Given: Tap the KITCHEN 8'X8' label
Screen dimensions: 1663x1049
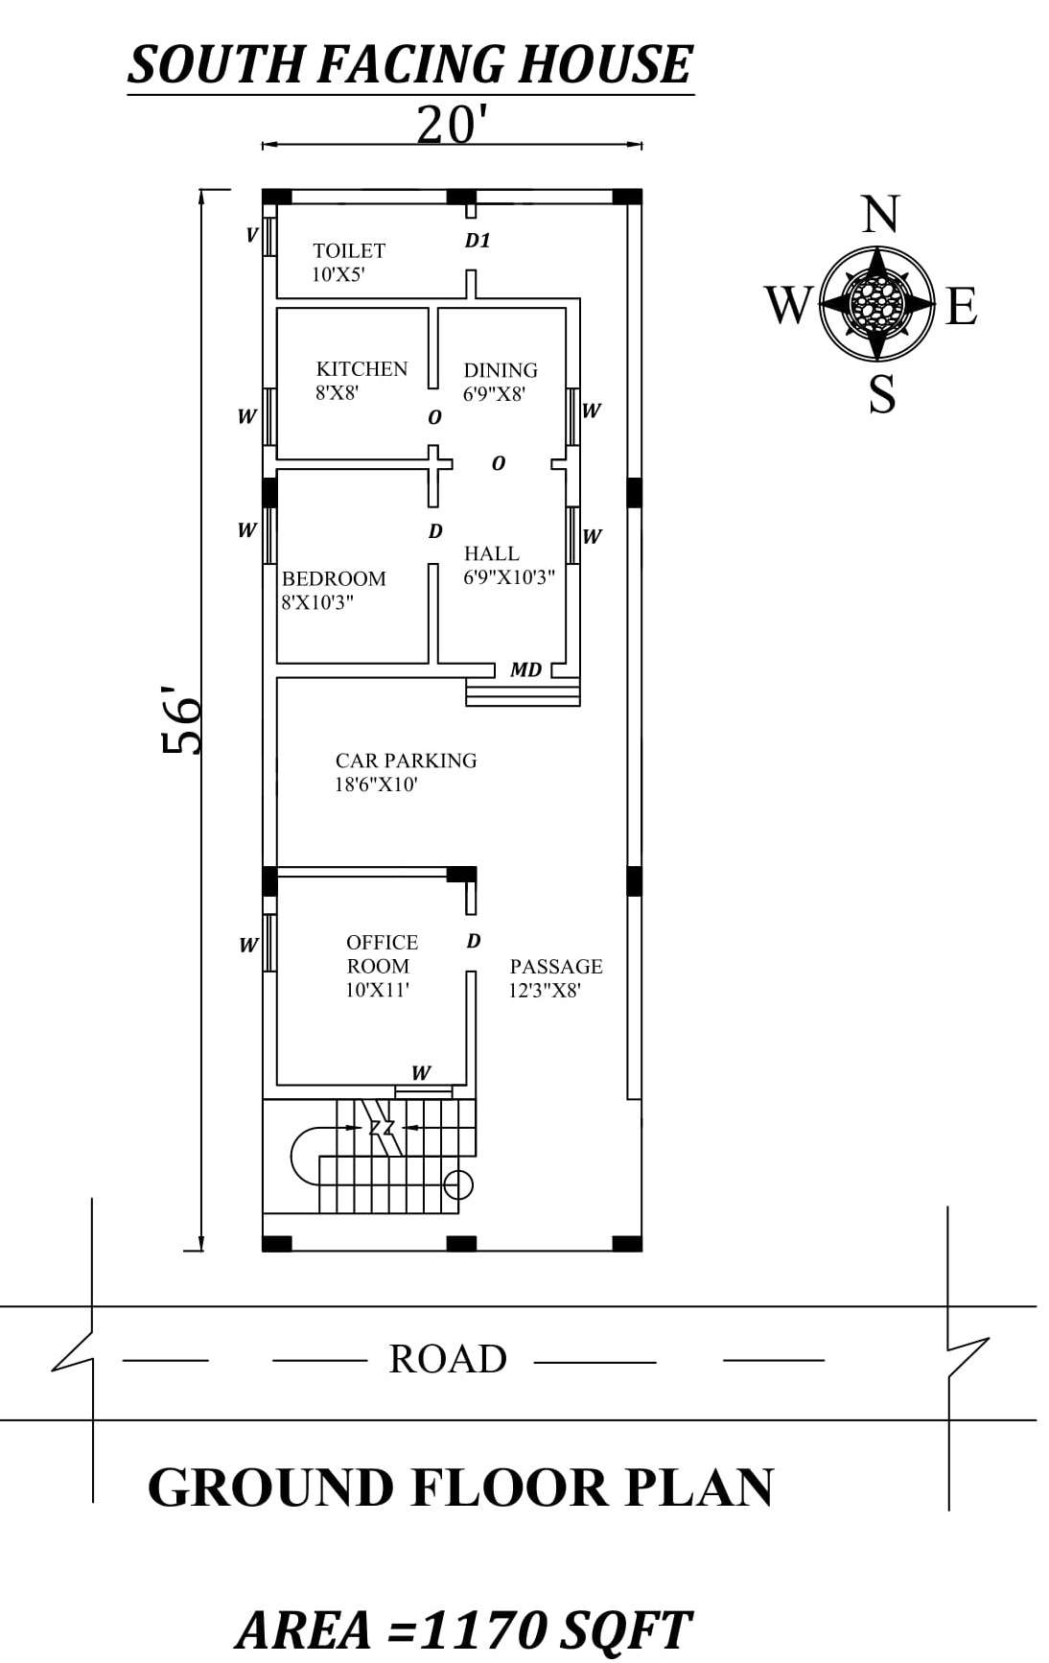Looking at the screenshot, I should [361, 380].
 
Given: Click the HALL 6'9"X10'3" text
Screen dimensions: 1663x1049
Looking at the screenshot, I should [508, 565].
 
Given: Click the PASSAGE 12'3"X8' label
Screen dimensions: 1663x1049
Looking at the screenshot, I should [555, 977].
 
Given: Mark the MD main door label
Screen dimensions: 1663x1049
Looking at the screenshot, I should [525, 669].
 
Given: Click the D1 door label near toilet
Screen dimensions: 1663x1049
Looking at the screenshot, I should [478, 241].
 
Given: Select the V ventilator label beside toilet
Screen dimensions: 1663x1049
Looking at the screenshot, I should [251, 234].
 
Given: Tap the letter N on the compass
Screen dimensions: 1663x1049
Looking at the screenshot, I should [879, 215].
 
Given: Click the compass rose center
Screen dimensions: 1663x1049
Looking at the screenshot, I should [876, 304].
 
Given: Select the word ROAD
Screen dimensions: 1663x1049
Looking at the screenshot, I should [448, 1359].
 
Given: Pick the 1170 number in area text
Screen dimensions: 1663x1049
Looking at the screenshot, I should [484, 1629].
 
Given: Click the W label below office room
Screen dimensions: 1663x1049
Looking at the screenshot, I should [420, 1072].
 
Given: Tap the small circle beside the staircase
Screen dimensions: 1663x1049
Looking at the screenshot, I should [459, 1185].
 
